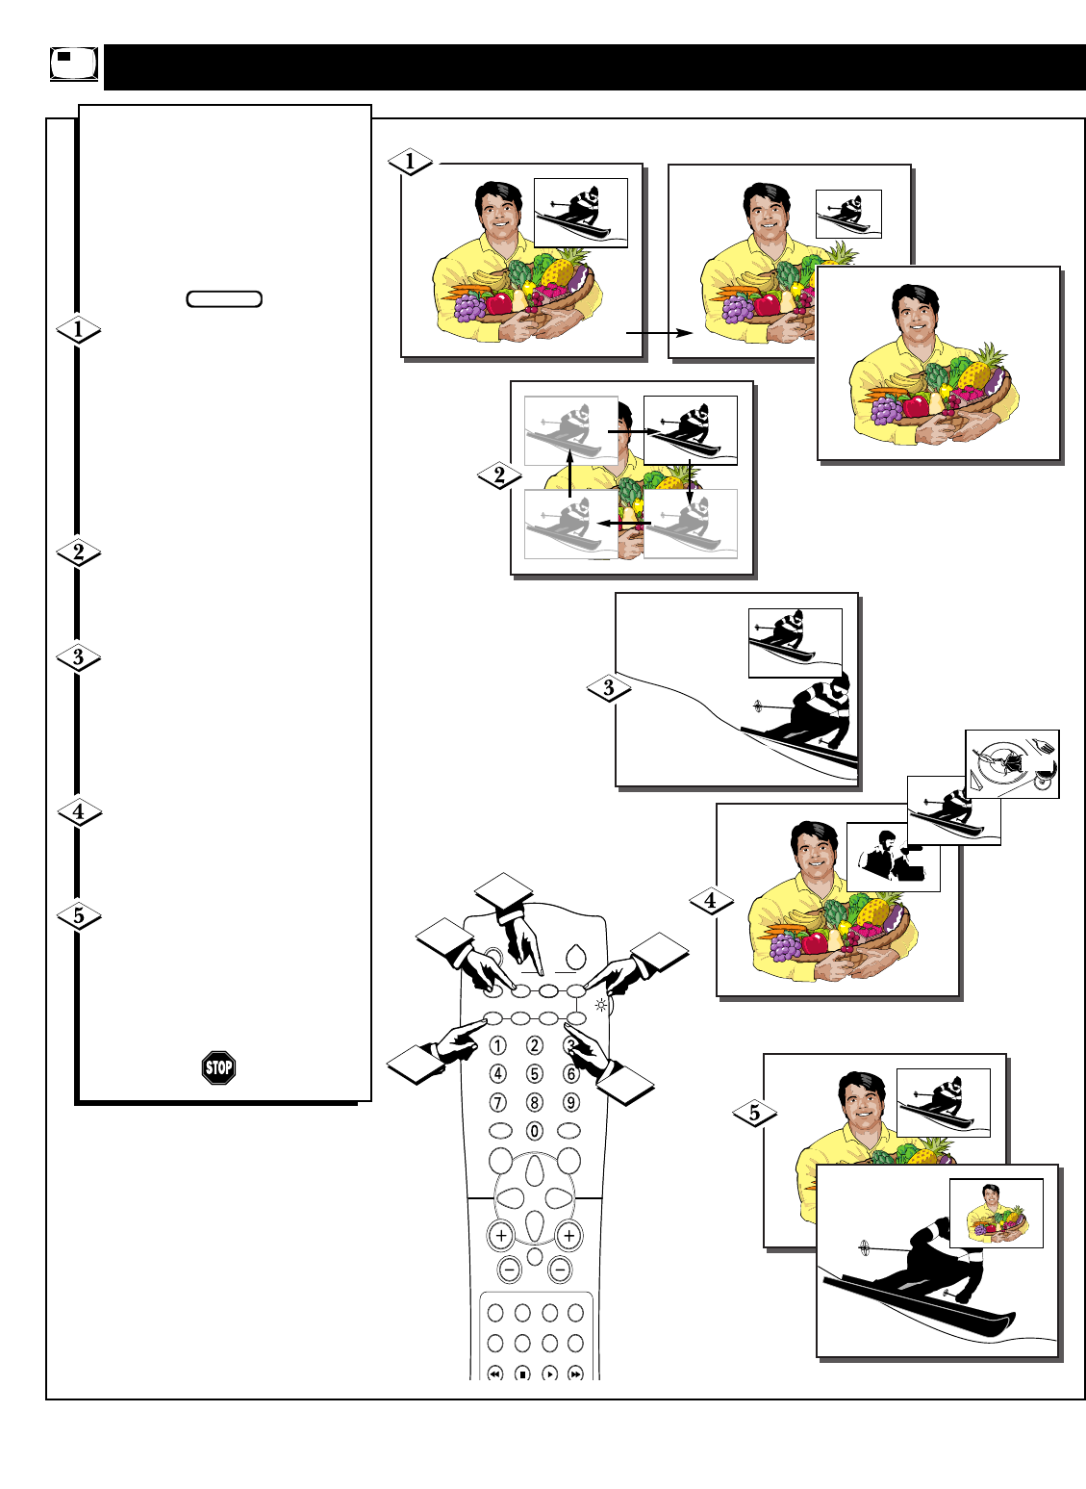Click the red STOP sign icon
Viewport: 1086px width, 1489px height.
219,1067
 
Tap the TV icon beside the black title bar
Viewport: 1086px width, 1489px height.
73,64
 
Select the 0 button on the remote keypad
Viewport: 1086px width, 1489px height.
534,1131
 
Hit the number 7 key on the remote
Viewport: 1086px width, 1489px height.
497,1102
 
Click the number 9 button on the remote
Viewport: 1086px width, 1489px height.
570,1102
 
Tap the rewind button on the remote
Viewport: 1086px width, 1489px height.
495,1373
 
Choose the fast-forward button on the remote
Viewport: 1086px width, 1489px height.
575,1373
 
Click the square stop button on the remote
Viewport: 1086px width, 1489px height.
522,1373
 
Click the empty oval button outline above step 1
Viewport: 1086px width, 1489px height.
224,298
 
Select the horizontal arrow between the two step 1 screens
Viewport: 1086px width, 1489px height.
660,333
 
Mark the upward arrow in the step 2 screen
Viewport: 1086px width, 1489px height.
569,472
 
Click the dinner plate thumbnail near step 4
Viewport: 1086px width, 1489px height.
1012,763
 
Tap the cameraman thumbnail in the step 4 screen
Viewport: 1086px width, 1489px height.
893,857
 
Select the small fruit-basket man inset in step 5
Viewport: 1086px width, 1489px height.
997,1213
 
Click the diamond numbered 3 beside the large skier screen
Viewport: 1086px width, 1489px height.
608,688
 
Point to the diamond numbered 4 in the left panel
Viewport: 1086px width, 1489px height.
79,811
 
